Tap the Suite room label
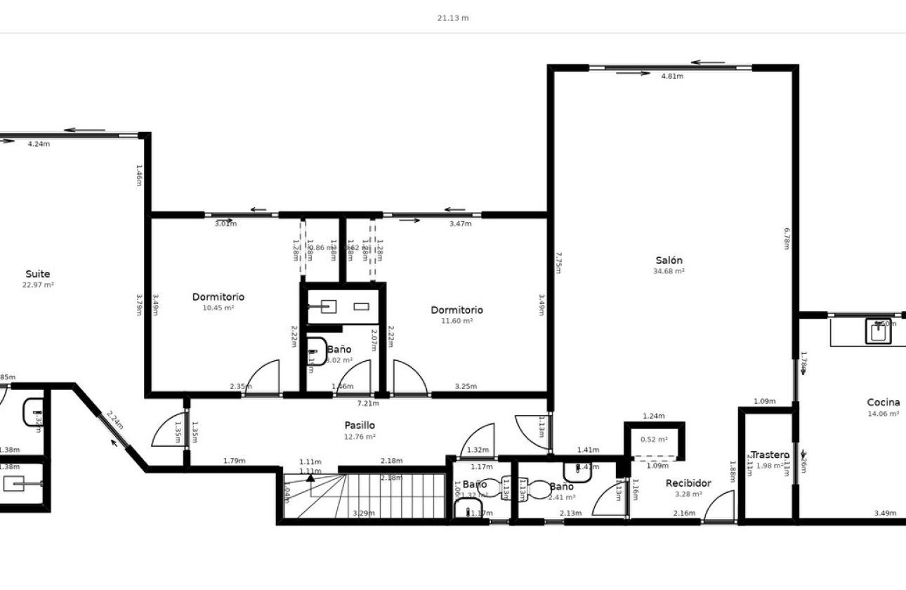(x=38, y=274)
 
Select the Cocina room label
(x=883, y=402)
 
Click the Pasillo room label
(x=360, y=425)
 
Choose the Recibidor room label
(x=688, y=483)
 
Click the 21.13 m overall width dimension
(x=453, y=18)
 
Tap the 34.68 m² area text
(x=669, y=271)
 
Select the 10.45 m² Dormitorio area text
(x=218, y=308)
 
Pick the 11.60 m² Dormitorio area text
(x=457, y=321)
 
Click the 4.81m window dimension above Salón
(x=672, y=77)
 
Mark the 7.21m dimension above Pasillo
(x=368, y=404)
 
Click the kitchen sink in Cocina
(x=878, y=332)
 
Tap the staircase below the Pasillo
(x=364, y=496)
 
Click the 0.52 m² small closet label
(x=653, y=440)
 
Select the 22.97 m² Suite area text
(x=38, y=285)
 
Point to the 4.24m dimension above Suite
(x=39, y=144)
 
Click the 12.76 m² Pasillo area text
(x=360, y=437)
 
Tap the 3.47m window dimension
(x=460, y=224)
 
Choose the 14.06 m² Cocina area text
(x=883, y=414)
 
